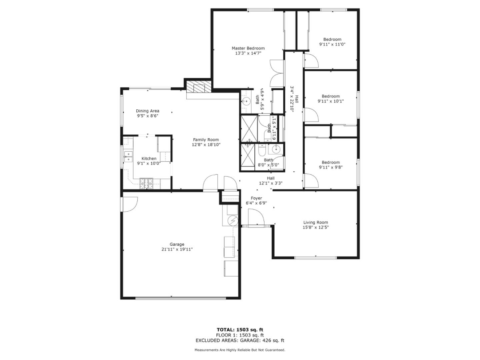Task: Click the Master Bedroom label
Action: pyautogui.click(x=248, y=48)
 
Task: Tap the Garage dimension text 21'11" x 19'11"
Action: pyautogui.click(x=177, y=249)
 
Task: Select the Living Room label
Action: pyautogui.click(x=315, y=222)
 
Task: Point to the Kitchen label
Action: pyautogui.click(x=149, y=158)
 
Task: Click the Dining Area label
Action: pyautogui.click(x=147, y=111)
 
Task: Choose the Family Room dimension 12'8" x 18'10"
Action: pyautogui.click(x=206, y=145)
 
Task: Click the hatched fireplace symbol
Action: pyautogui.click(x=199, y=87)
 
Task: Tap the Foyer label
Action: pyautogui.click(x=256, y=198)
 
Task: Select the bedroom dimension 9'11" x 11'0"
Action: pyautogui.click(x=332, y=44)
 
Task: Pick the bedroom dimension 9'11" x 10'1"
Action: pyautogui.click(x=331, y=101)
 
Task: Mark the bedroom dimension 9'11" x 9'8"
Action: pyautogui.click(x=331, y=167)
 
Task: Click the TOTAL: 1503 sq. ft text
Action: pyautogui.click(x=240, y=330)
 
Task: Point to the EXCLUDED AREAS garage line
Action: pyautogui.click(x=240, y=340)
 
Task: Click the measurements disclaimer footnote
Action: pyautogui.click(x=240, y=350)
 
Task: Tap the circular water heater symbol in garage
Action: pyautogui.click(x=232, y=220)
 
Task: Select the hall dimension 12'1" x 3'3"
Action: pyautogui.click(x=271, y=183)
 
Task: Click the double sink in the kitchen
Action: pyautogui.click(x=128, y=157)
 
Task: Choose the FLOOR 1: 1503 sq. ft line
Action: pyautogui.click(x=240, y=335)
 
